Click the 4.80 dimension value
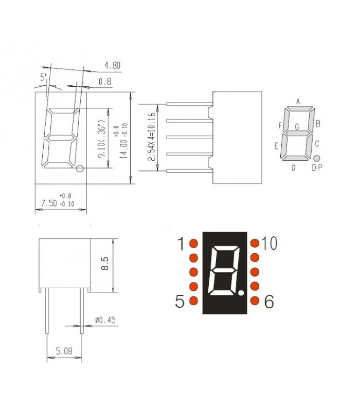[112, 66]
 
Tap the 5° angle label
[44, 78]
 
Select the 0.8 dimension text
[105, 81]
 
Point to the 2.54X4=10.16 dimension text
[152, 137]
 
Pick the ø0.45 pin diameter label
[105, 320]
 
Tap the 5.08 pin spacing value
[64, 351]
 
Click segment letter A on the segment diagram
[298, 101]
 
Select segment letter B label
[318, 123]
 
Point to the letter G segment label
[297, 126]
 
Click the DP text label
[317, 168]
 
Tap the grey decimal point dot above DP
[317, 158]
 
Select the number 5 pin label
[180, 302]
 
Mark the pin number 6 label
[268, 302]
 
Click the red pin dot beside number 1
[194, 243]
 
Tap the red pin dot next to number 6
[255, 301]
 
